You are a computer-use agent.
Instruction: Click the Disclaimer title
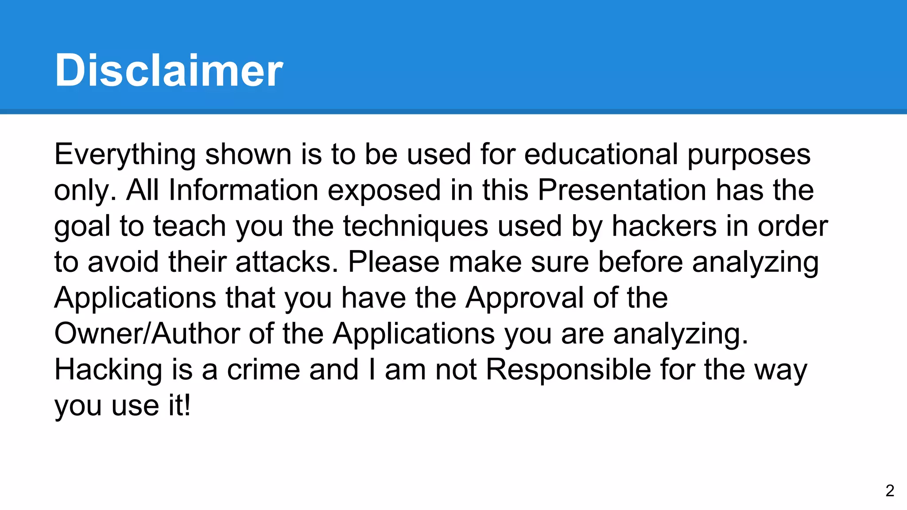(168, 70)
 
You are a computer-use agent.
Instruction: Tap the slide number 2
(890, 491)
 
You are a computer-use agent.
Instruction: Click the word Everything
(125, 155)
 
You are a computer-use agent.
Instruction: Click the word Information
(243, 190)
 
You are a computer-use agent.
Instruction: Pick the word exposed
(384, 191)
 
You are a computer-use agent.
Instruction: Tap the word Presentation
(621, 190)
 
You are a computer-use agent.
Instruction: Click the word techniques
(415, 227)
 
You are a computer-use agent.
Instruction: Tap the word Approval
(524, 298)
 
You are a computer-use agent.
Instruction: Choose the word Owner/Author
(147, 333)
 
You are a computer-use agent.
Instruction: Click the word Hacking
(109, 370)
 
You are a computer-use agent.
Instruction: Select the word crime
(264, 369)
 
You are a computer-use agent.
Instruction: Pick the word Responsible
(568, 369)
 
